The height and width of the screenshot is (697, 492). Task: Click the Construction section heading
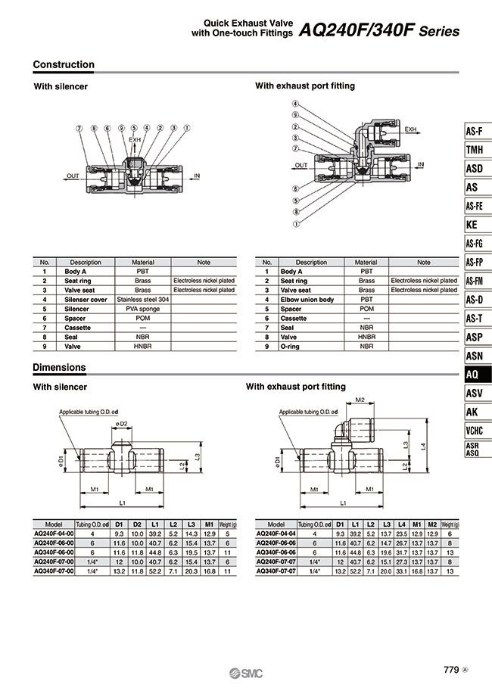point(64,65)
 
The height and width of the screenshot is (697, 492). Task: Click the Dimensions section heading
point(59,368)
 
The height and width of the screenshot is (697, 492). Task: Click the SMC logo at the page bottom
point(247,674)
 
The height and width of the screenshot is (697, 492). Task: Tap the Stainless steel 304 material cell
point(142,300)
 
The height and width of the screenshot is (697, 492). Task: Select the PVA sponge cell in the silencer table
point(142,309)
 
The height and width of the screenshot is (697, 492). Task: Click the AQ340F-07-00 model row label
point(54,570)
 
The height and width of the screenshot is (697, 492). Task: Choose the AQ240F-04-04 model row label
point(276,533)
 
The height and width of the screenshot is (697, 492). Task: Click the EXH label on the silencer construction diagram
point(135,140)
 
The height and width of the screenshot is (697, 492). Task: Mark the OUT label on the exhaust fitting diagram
point(301,164)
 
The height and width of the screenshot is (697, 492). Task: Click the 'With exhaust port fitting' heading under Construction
point(304,86)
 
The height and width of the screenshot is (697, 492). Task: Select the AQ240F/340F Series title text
point(378,32)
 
